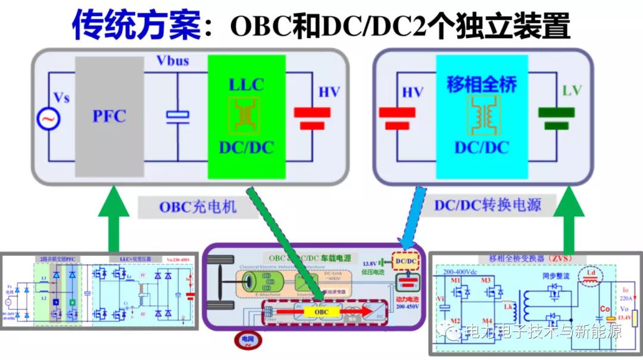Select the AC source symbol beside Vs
(x=46, y=119)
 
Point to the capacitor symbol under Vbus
(x=177, y=116)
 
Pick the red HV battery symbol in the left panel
(x=311, y=117)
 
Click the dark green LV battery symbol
(x=556, y=117)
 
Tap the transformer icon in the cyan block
(x=481, y=116)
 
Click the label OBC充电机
(x=197, y=206)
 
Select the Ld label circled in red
(x=591, y=274)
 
